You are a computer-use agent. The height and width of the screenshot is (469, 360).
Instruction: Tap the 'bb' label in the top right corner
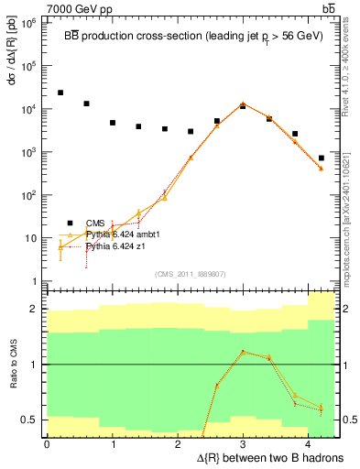click(325, 8)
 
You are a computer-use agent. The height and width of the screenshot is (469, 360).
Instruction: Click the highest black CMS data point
click(60, 93)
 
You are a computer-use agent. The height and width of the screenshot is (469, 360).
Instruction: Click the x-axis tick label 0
click(47, 443)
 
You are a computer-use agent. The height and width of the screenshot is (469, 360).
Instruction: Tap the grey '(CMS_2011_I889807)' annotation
click(191, 273)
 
